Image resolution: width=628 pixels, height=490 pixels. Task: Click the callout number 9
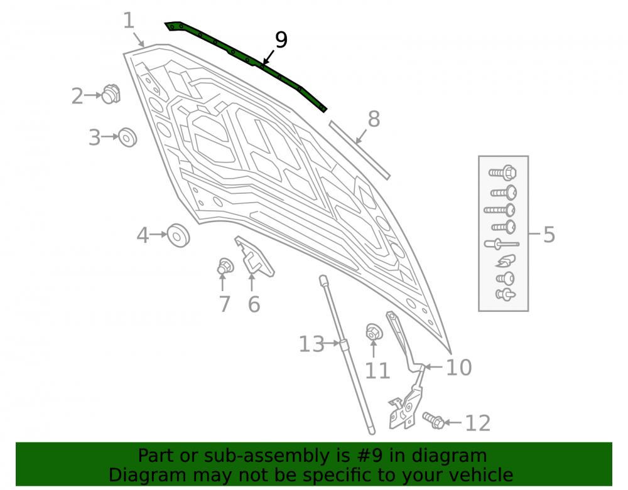281,40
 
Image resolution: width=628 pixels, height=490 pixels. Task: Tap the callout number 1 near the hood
129,21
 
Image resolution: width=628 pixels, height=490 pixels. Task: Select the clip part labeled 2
111,94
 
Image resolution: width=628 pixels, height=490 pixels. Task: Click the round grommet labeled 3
127,137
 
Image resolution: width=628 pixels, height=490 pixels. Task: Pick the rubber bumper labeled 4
178,236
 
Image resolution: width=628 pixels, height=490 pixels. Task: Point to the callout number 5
549,235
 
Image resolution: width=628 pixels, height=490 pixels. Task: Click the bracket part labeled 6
254,257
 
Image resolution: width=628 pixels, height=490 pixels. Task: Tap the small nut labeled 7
225,266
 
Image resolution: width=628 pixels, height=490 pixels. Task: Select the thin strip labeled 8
359,150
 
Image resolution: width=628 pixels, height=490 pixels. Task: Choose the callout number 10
459,367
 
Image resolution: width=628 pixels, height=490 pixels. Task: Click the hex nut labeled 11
374,332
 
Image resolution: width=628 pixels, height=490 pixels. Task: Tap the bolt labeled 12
433,420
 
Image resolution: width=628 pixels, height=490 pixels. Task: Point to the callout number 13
311,344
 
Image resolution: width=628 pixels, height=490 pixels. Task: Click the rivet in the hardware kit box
501,243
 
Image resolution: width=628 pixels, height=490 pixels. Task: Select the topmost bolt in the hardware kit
502,173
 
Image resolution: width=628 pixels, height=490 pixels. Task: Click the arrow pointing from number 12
453,422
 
